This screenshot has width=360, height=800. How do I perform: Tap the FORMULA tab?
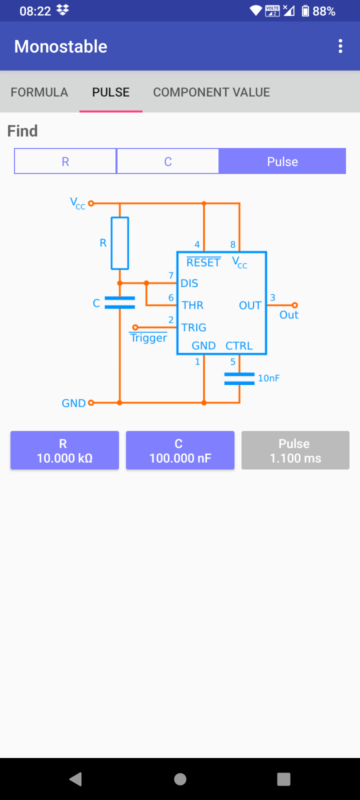(39, 92)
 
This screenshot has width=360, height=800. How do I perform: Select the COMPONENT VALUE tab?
(211, 92)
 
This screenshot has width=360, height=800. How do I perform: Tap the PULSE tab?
(111, 92)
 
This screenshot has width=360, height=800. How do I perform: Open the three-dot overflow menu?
(340, 46)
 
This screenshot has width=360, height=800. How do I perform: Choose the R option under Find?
(65, 161)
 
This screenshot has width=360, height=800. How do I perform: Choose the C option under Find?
(168, 161)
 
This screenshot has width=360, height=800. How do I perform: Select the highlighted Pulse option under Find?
(282, 161)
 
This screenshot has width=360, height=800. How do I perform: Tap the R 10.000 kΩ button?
(64, 450)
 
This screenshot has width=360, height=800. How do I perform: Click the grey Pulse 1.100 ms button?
(295, 450)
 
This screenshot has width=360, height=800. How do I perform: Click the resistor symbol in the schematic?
(120, 243)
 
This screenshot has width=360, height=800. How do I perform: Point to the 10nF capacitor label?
(268, 378)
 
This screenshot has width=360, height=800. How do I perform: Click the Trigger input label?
(148, 338)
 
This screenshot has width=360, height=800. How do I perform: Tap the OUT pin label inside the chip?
(250, 305)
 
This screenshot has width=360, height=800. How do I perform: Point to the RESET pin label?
(203, 262)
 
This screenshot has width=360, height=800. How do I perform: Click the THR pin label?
(192, 305)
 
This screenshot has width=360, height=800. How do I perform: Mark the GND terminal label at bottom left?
(73, 403)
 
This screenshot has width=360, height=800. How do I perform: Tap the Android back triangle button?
(76, 779)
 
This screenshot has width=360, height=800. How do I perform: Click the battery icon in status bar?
(305, 11)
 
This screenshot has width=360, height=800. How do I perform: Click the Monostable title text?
(61, 46)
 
